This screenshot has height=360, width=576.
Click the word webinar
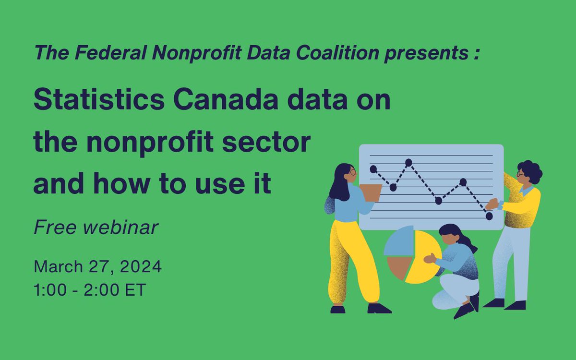[124, 228]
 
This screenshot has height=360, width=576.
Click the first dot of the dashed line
[373, 169]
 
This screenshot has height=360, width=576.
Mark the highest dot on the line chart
[408, 163]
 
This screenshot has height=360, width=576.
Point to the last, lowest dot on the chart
[489, 216]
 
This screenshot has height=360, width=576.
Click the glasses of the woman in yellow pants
[353, 171]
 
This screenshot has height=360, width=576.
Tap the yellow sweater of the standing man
[521, 206]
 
